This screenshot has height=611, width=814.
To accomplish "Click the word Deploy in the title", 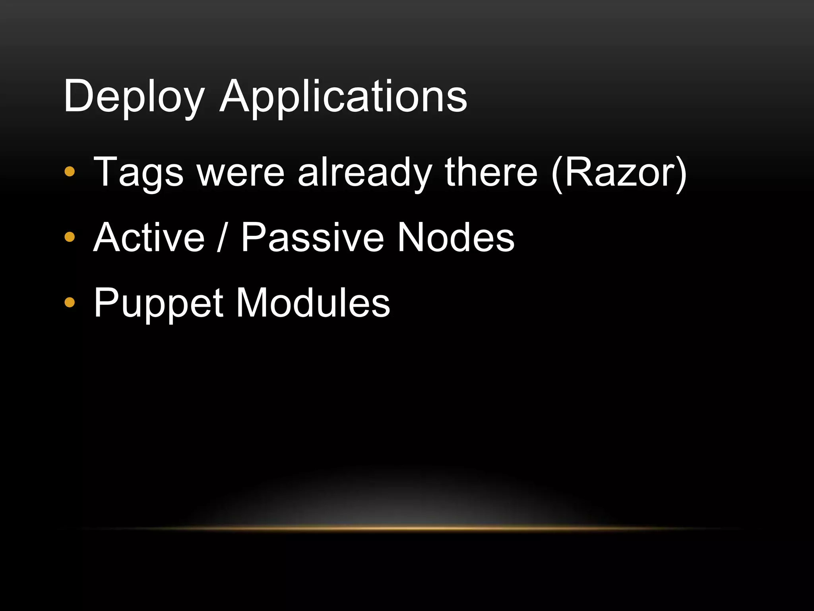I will [x=133, y=97].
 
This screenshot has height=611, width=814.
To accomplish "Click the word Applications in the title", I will [x=343, y=97].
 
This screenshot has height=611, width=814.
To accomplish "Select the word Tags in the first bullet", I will [x=138, y=172].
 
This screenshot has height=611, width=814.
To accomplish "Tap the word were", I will [x=241, y=172].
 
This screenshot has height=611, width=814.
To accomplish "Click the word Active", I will [x=149, y=237].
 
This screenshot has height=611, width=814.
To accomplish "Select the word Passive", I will [x=312, y=237].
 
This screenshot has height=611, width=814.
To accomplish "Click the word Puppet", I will [x=158, y=304].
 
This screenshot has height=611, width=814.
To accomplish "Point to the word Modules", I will [x=313, y=304].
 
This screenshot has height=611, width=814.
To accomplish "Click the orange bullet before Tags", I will [x=70, y=172].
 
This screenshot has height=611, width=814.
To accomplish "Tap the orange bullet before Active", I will [x=70, y=237].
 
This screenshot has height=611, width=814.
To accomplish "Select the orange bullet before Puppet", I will [x=70, y=303].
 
